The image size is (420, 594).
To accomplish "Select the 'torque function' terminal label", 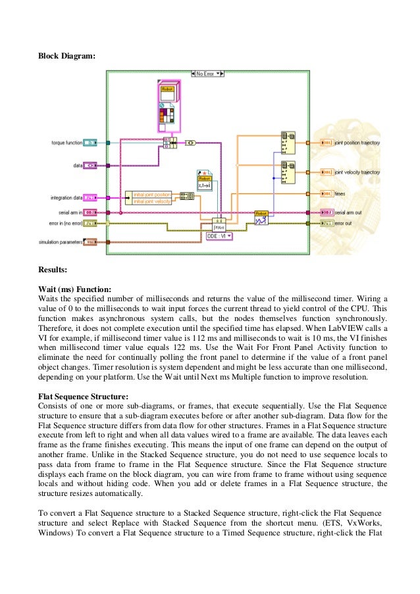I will click(67, 142).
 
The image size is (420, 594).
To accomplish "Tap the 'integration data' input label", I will click(66, 197).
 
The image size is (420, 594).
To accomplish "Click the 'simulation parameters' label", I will click(59, 243).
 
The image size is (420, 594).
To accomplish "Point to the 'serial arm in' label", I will click(70, 212).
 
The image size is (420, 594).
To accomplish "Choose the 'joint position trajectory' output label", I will click(357, 142).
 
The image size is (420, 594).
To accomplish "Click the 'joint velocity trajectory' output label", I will click(357, 172).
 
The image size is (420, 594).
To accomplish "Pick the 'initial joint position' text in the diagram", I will click(152, 194).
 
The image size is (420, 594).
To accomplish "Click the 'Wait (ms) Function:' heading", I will click(74, 288).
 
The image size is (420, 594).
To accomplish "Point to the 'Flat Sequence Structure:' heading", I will click(83, 396).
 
